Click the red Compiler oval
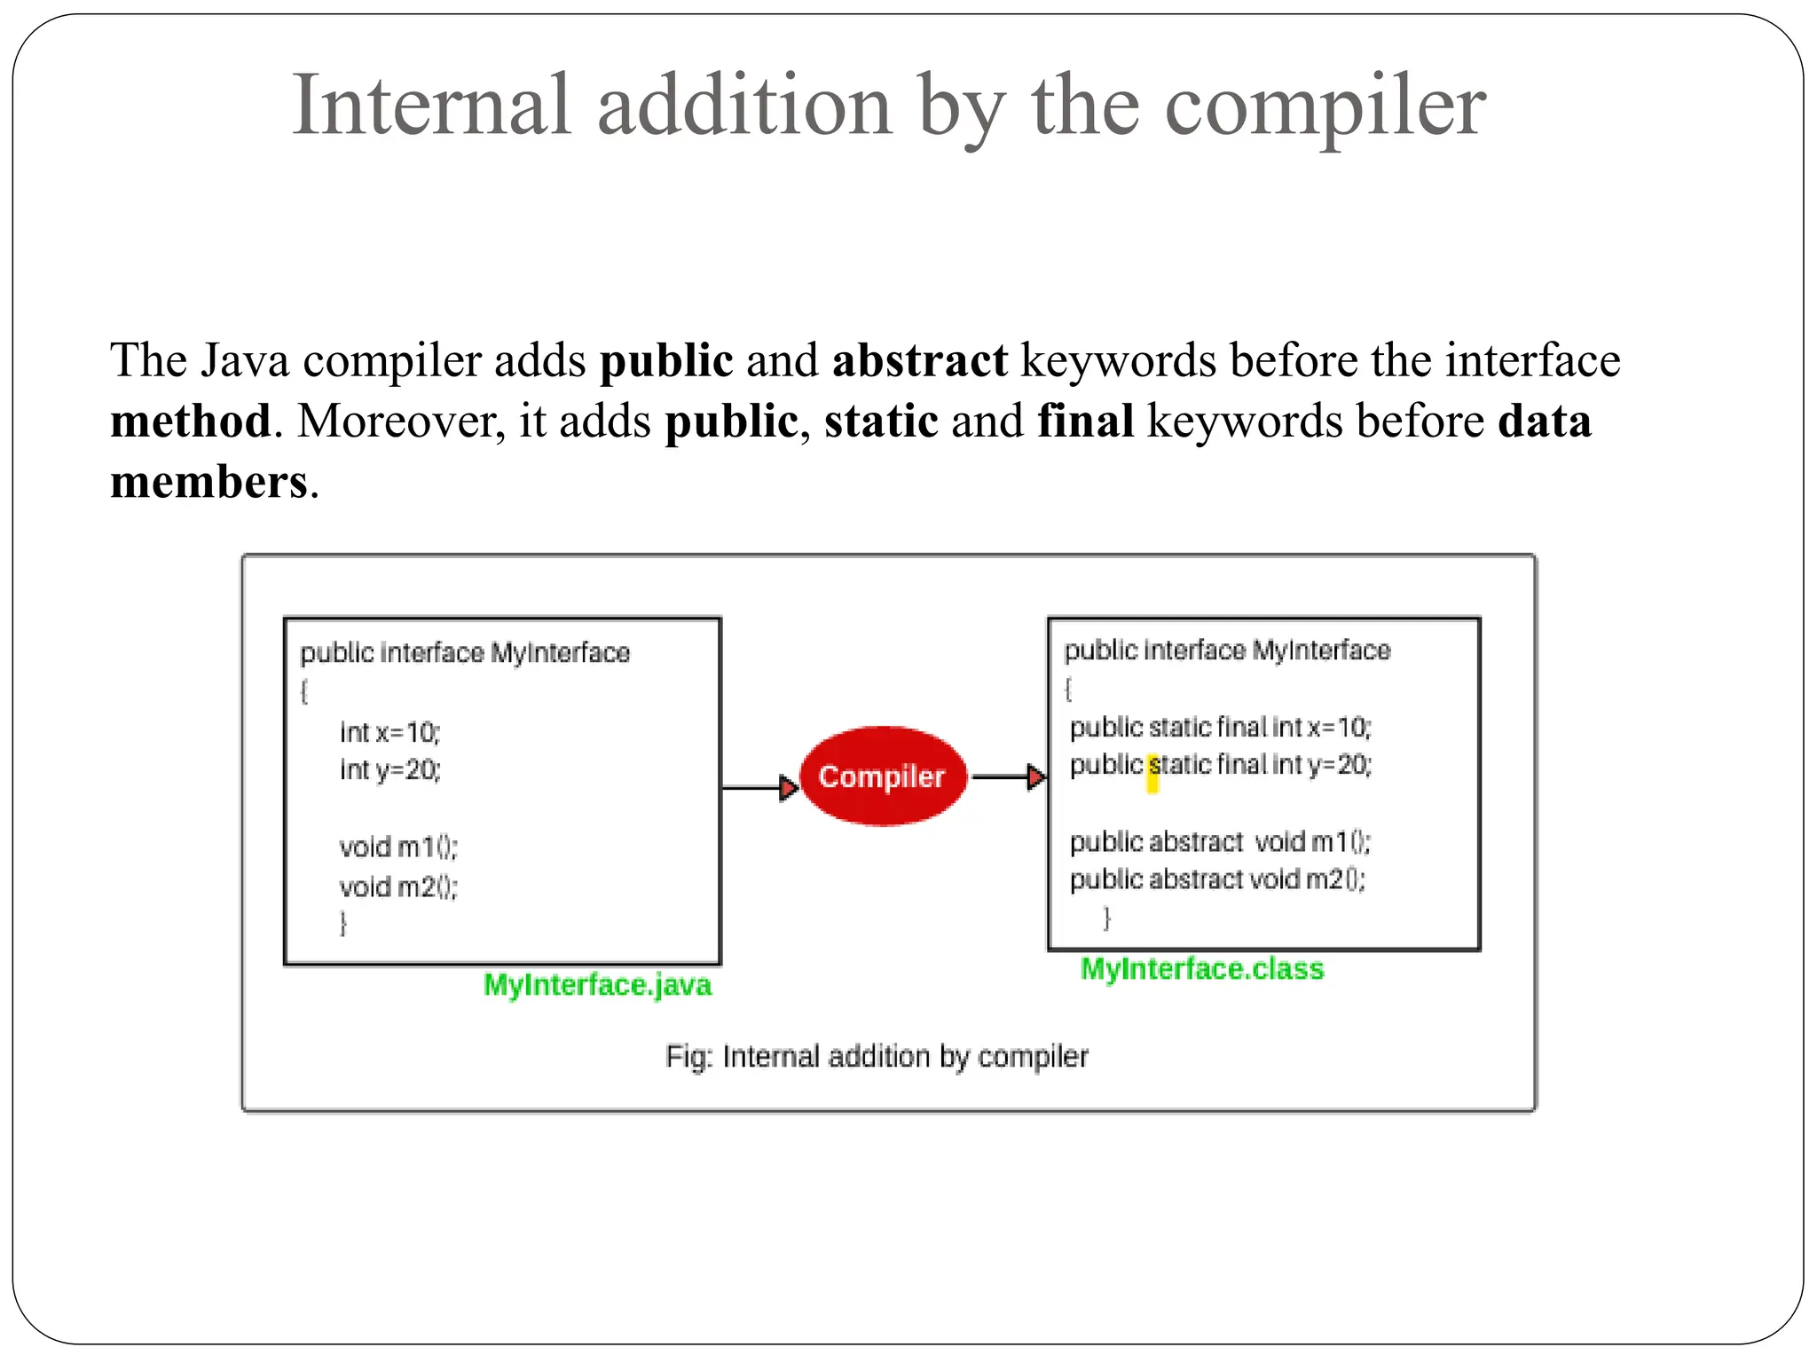coord(882,776)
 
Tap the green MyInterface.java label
coord(597,985)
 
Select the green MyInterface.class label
coord(1201,968)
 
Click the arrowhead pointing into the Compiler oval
coord(788,787)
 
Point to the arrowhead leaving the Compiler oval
coord(1035,776)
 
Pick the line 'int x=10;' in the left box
coord(389,732)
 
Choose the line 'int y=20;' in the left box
coord(389,769)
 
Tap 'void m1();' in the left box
coord(397,847)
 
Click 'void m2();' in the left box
coord(397,886)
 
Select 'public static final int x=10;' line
coord(1220,728)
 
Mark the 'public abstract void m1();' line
coord(1220,841)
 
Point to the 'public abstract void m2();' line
coord(1217,879)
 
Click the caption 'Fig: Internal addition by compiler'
coord(877,1056)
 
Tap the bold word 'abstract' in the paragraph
coord(919,360)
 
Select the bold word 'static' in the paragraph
coord(880,421)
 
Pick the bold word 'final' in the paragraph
coord(1085,421)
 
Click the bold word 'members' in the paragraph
coord(208,482)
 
